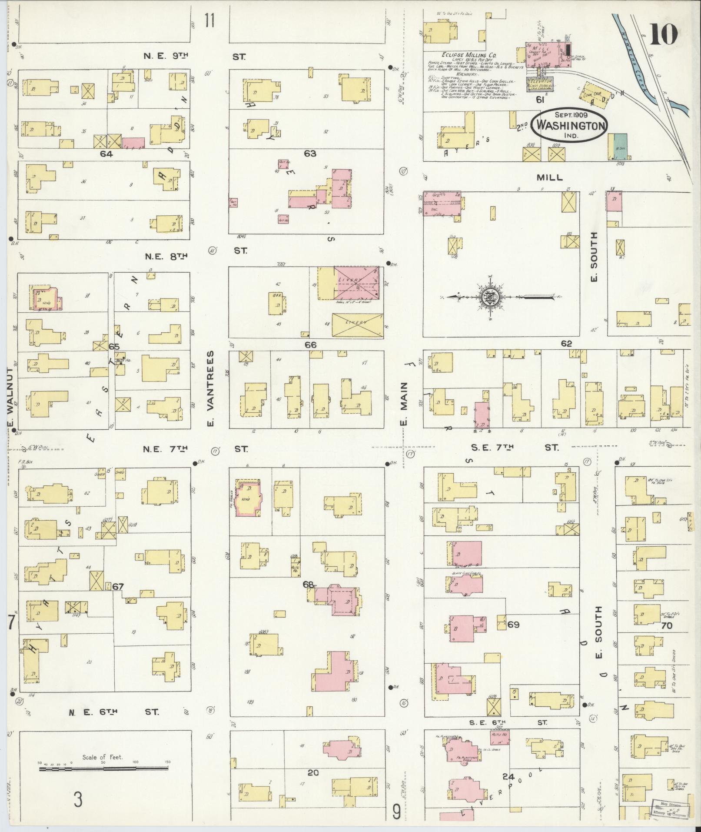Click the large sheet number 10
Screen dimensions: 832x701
point(664,34)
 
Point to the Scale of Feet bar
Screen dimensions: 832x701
point(103,769)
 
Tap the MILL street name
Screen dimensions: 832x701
point(549,177)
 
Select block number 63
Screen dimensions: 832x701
point(310,154)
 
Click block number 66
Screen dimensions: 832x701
point(310,345)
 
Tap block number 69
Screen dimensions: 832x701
point(513,625)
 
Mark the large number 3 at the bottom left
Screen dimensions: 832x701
point(78,800)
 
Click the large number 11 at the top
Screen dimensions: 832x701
point(209,20)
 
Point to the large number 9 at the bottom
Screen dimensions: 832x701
point(396,812)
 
